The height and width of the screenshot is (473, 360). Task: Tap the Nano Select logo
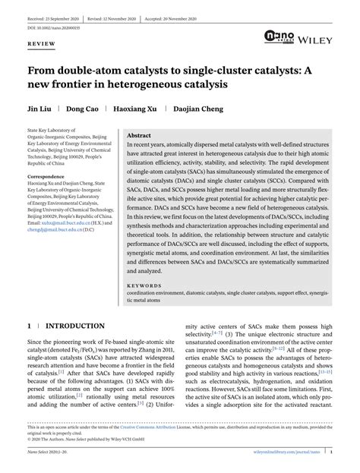283,36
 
